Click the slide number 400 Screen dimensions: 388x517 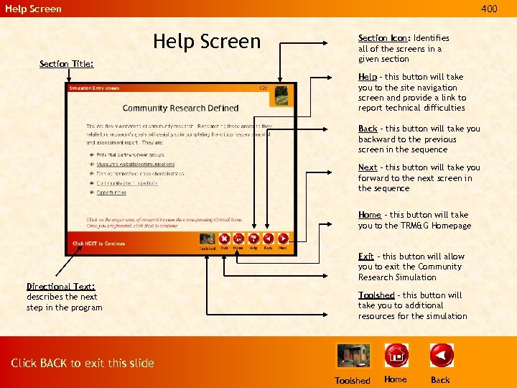pyautogui.click(x=488, y=9)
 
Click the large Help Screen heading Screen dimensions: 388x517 pyautogui.click(x=207, y=41)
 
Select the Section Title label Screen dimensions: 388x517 pyautogui.click(x=66, y=64)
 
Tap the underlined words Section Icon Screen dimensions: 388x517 pyautogui.click(x=383, y=38)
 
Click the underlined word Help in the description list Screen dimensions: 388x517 pyautogui.click(x=367, y=77)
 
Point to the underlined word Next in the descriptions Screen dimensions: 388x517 pyautogui.click(x=368, y=167)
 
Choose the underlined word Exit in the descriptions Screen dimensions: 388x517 pyautogui.click(x=365, y=257)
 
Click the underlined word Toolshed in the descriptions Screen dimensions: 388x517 pyautogui.click(x=376, y=295)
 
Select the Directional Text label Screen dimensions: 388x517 pyautogui.click(x=61, y=287)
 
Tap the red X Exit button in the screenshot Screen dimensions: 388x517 pyautogui.click(x=224, y=239)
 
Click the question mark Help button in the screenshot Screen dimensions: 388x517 pyautogui.click(x=253, y=239)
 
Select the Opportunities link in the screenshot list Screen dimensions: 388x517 pyautogui.click(x=111, y=193)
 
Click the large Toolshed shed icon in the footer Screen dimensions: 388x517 pyautogui.click(x=352, y=356)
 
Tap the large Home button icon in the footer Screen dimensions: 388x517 pyautogui.click(x=396, y=356)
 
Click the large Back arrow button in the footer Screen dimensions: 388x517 pyautogui.click(x=441, y=356)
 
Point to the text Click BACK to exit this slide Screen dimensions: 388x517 pyautogui.click(x=83, y=363)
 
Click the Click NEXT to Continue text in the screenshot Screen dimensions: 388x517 pyautogui.click(x=98, y=244)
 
